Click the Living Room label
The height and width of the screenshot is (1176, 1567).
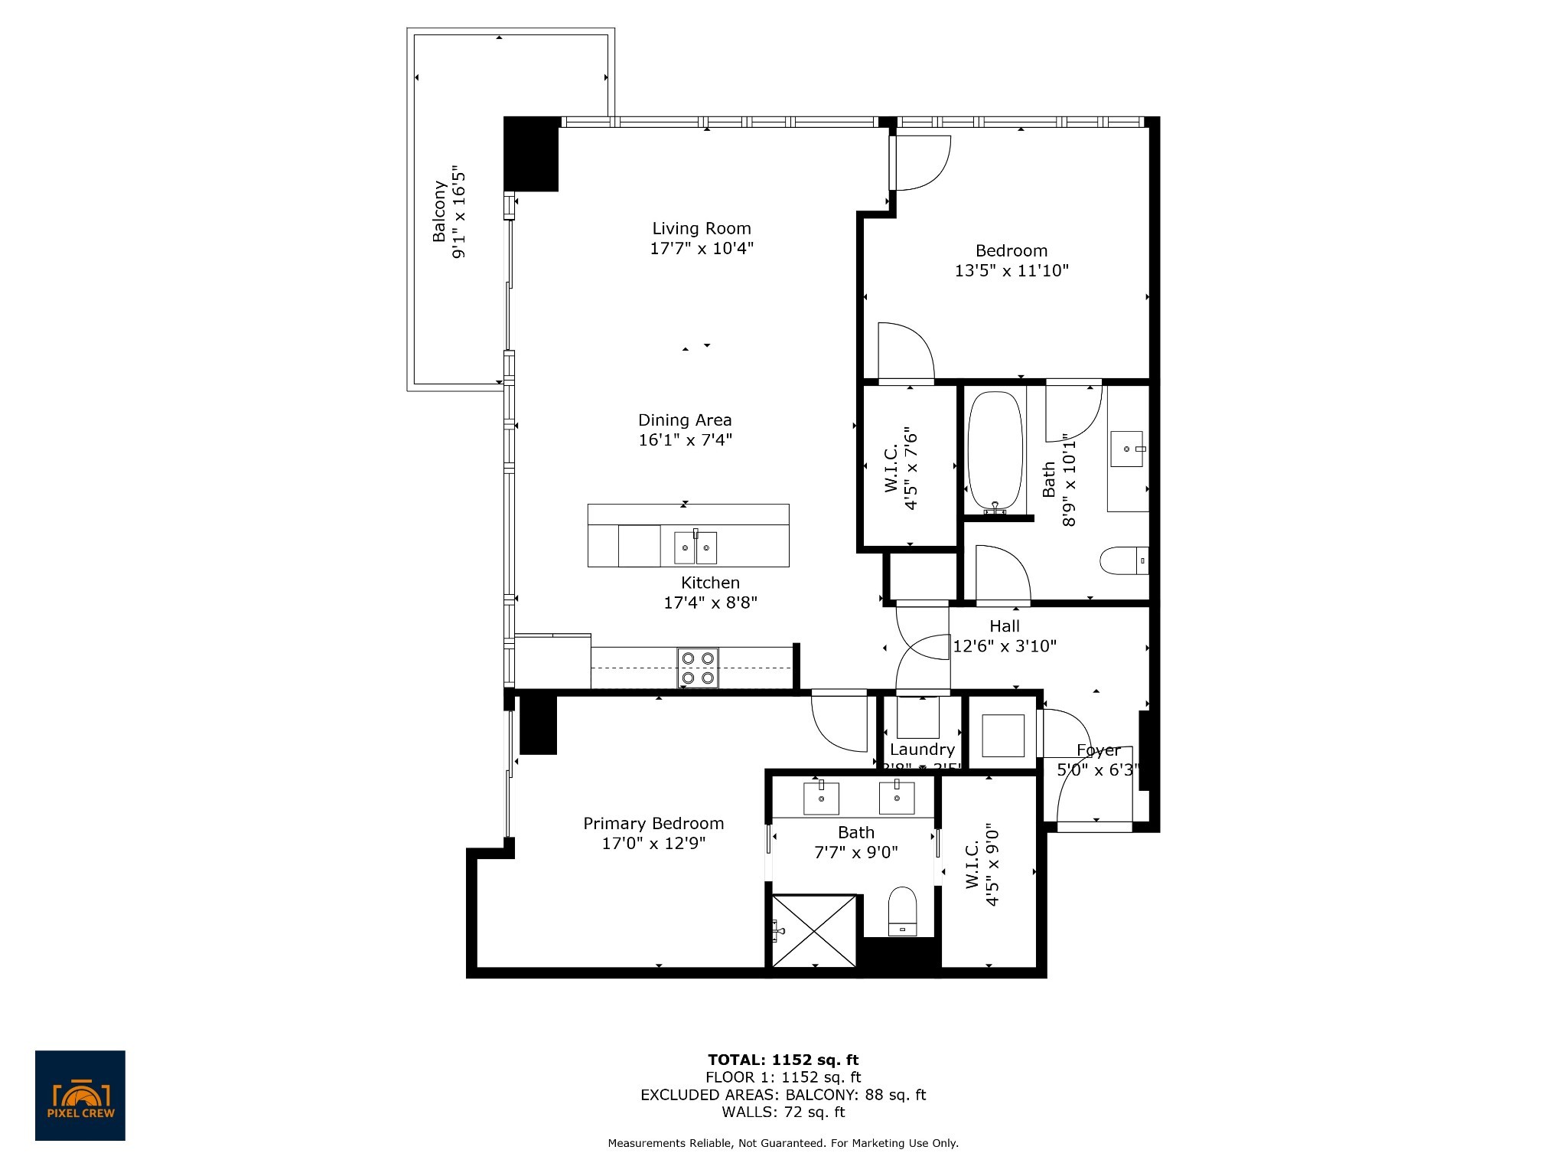pyautogui.click(x=701, y=228)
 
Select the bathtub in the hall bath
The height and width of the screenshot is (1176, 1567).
pyautogui.click(x=994, y=452)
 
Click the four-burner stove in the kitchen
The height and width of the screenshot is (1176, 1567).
pyautogui.click(x=697, y=668)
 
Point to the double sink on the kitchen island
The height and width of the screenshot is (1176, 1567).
pyautogui.click(x=696, y=547)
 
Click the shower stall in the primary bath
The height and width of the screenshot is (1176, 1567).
pyautogui.click(x=813, y=931)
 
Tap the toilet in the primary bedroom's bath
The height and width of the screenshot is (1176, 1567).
pyautogui.click(x=903, y=911)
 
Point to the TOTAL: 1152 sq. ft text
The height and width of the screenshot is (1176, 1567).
pyautogui.click(x=783, y=1060)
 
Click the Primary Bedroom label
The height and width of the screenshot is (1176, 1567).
pyautogui.click(x=653, y=823)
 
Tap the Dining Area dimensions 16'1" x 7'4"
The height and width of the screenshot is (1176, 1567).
pyautogui.click(x=686, y=439)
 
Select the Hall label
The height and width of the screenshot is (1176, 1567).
pyautogui.click(x=1004, y=626)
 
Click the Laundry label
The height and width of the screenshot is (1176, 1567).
pyautogui.click(x=922, y=749)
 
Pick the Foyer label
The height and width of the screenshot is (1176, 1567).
pyautogui.click(x=1098, y=750)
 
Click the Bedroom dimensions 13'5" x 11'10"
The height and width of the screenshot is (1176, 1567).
pyautogui.click(x=1011, y=270)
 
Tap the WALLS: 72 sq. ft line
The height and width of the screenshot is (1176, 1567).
pyautogui.click(x=783, y=1112)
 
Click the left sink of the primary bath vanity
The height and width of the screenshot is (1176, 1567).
pyautogui.click(x=821, y=798)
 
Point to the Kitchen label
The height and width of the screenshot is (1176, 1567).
pyautogui.click(x=710, y=583)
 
